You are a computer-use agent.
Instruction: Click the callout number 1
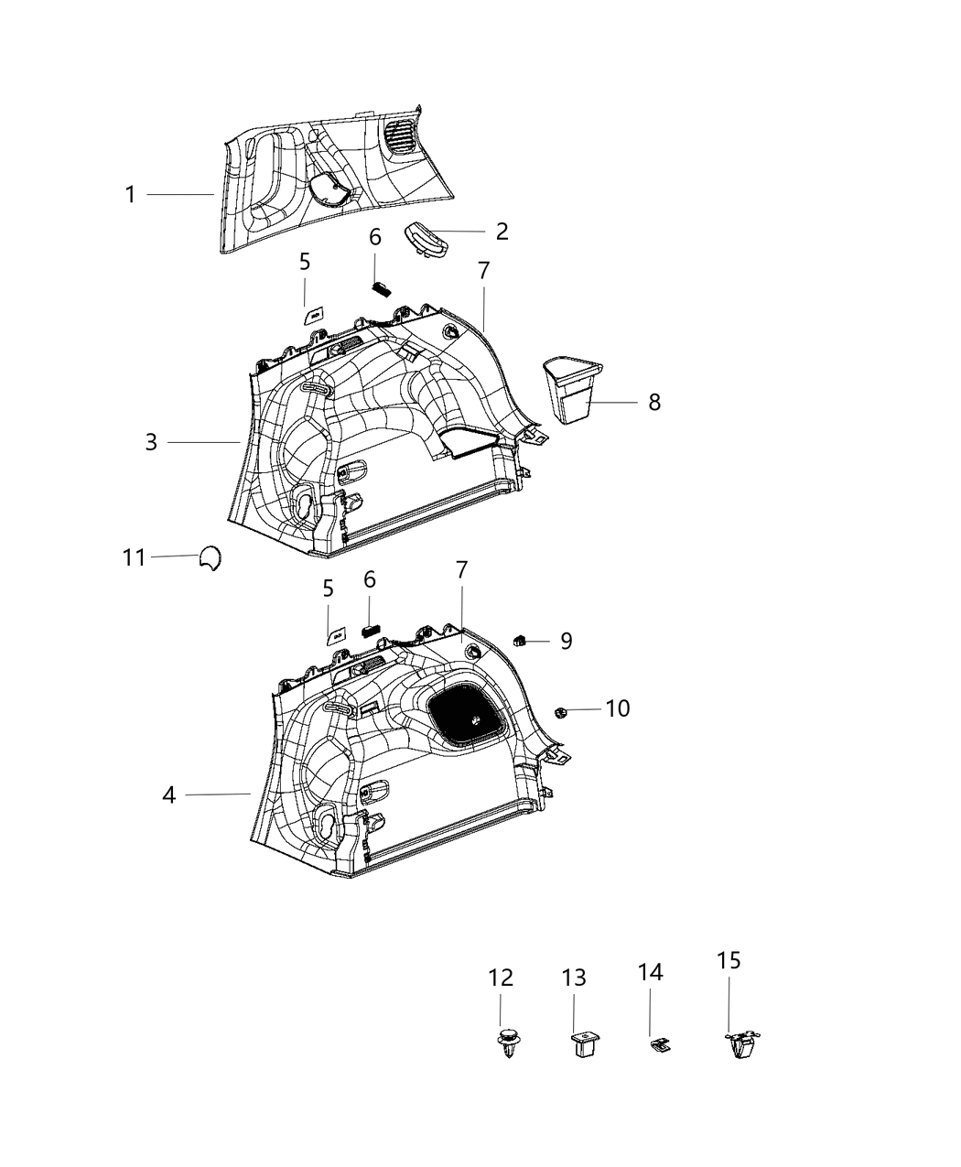click(130, 195)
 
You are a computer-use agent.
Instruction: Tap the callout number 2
click(502, 232)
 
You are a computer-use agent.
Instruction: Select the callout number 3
click(151, 442)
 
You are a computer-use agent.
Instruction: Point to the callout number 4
click(168, 794)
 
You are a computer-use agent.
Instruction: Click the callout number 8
click(653, 402)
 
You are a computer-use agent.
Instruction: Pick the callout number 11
click(135, 556)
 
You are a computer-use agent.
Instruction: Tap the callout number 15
click(729, 960)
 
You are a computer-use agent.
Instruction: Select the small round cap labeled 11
click(210, 558)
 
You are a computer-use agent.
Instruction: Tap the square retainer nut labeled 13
click(580, 1043)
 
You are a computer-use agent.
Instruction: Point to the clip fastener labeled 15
click(744, 1044)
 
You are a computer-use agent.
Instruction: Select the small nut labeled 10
click(561, 711)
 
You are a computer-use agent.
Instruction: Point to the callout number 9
click(567, 641)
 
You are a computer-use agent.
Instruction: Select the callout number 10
click(618, 708)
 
